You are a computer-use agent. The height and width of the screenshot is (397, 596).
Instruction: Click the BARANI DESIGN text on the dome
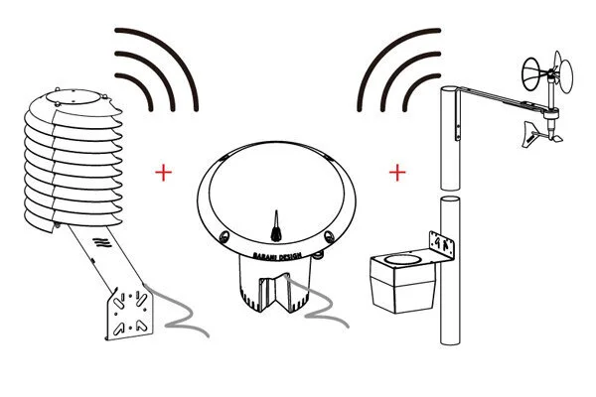point(277,254)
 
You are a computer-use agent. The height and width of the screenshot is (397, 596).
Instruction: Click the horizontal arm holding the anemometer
point(497,98)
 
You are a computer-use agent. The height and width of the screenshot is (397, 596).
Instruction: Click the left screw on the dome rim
point(224,237)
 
